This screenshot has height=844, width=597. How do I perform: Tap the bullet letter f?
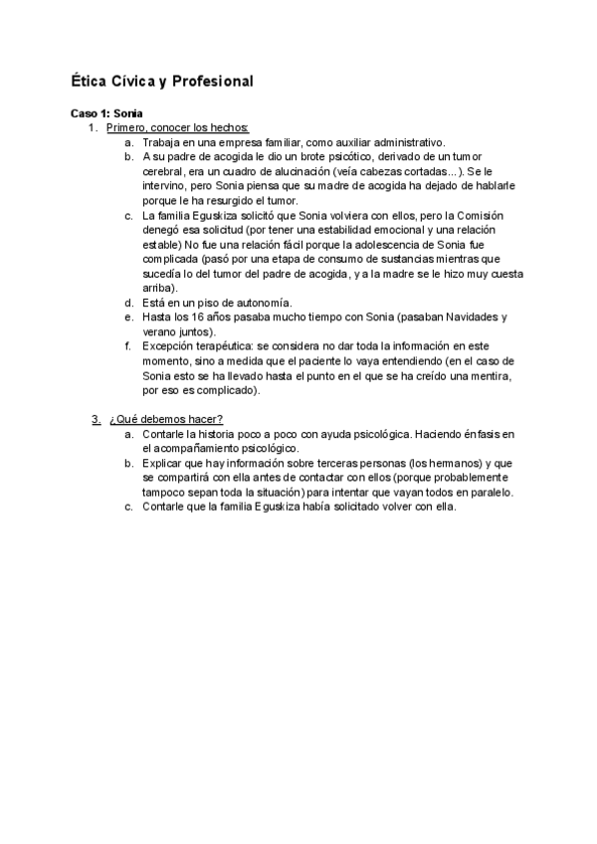[129, 346]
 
